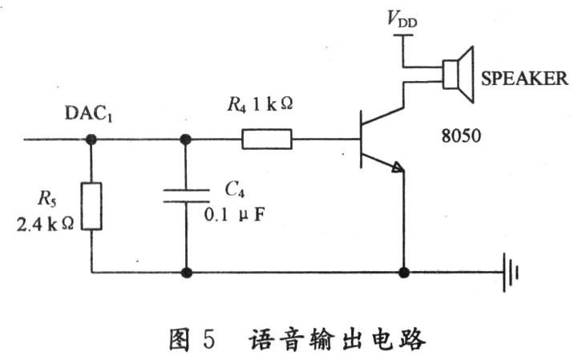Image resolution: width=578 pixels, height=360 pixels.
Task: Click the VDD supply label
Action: [x=403, y=21]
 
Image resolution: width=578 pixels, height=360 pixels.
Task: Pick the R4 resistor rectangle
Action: [x=267, y=140]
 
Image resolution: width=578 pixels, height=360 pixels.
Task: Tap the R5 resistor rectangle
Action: [x=91, y=206]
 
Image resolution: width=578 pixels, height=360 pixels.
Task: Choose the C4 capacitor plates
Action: [x=186, y=195]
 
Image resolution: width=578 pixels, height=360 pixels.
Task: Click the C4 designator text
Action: [x=233, y=188]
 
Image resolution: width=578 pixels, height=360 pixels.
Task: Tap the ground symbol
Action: [x=510, y=273]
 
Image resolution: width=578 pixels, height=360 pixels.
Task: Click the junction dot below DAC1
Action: [x=91, y=140]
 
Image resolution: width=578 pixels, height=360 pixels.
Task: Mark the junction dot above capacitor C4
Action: [x=186, y=140]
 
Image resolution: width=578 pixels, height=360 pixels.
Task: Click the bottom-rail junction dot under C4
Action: [x=186, y=273]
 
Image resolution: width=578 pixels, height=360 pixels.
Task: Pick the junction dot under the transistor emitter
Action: [x=402, y=273]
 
